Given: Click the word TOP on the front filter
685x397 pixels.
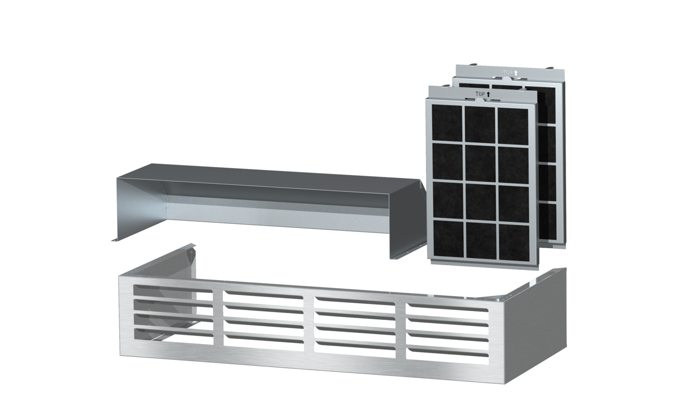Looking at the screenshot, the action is [x=480, y=94].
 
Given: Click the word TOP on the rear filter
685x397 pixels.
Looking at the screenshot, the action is [x=507, y=73].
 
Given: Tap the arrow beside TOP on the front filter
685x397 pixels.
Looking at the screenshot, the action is [x=488, y=94].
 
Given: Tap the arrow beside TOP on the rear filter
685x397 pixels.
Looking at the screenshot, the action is [x=516, y=73].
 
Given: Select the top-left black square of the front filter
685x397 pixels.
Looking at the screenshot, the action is [x=447, y=123].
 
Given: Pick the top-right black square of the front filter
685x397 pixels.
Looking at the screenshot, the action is [x=513, y=126].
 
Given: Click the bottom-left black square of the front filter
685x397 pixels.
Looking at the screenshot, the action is [x=448, y=238].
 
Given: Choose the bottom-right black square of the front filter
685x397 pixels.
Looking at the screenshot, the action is [x=514, y=242].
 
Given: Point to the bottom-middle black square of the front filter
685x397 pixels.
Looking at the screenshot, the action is [x=481, y=240].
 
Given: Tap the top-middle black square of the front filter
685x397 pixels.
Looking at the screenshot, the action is [x=480, y=124].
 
